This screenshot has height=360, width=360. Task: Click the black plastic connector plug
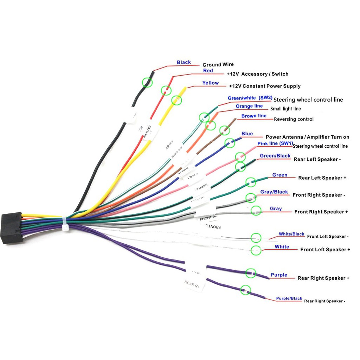12,227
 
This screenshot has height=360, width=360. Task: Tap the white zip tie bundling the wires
65,224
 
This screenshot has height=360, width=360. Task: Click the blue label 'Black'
184,63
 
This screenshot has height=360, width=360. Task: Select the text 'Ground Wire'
218,65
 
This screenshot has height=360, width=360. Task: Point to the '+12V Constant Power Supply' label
265,86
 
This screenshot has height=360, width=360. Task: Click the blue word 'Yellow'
210,83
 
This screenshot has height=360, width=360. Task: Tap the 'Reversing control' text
294,119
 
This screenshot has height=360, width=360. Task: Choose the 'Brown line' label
254,116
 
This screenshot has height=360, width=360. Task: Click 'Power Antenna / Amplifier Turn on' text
307,137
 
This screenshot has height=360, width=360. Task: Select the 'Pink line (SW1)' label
275,143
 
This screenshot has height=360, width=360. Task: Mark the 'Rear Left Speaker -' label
317,159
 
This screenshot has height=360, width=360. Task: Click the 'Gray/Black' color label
274,192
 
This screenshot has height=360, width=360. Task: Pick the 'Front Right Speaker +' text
321,212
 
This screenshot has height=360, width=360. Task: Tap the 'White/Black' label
291,234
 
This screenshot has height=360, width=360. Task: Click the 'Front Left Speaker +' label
325,250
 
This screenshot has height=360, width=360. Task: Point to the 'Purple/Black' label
289,298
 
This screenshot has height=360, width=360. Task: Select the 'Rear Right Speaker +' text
323,278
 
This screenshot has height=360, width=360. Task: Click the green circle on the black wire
147,82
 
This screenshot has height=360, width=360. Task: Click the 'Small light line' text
288,109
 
